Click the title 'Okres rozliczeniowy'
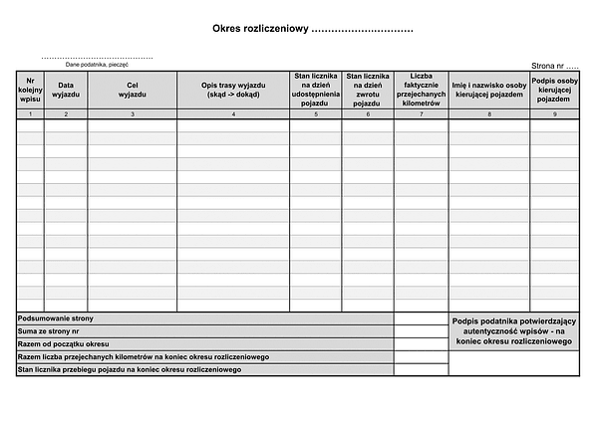tap(261, 30)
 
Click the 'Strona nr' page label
tap(555, 65)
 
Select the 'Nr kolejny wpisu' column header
tap(30, 90)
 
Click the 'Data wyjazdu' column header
tap(66, 90)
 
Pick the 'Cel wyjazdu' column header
tap(133, 90)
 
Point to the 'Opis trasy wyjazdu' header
tap(233, 90)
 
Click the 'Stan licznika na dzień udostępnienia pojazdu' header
tap(316, 90)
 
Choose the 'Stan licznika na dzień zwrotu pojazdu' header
tap(368, 90)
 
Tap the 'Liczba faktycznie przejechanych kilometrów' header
tap(421, 90)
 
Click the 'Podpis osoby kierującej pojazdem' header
tap(555, 90)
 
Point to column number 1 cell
tap(30, 115)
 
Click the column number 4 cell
tap(233, 115)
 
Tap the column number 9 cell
tap(555, 115)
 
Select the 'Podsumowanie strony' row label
tap(56, 317)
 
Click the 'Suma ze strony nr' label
tap(49, 330)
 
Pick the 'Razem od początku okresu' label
tap(63, 343)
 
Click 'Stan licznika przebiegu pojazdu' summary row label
tap(130, 369)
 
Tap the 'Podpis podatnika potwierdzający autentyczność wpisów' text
tap(513, 330)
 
